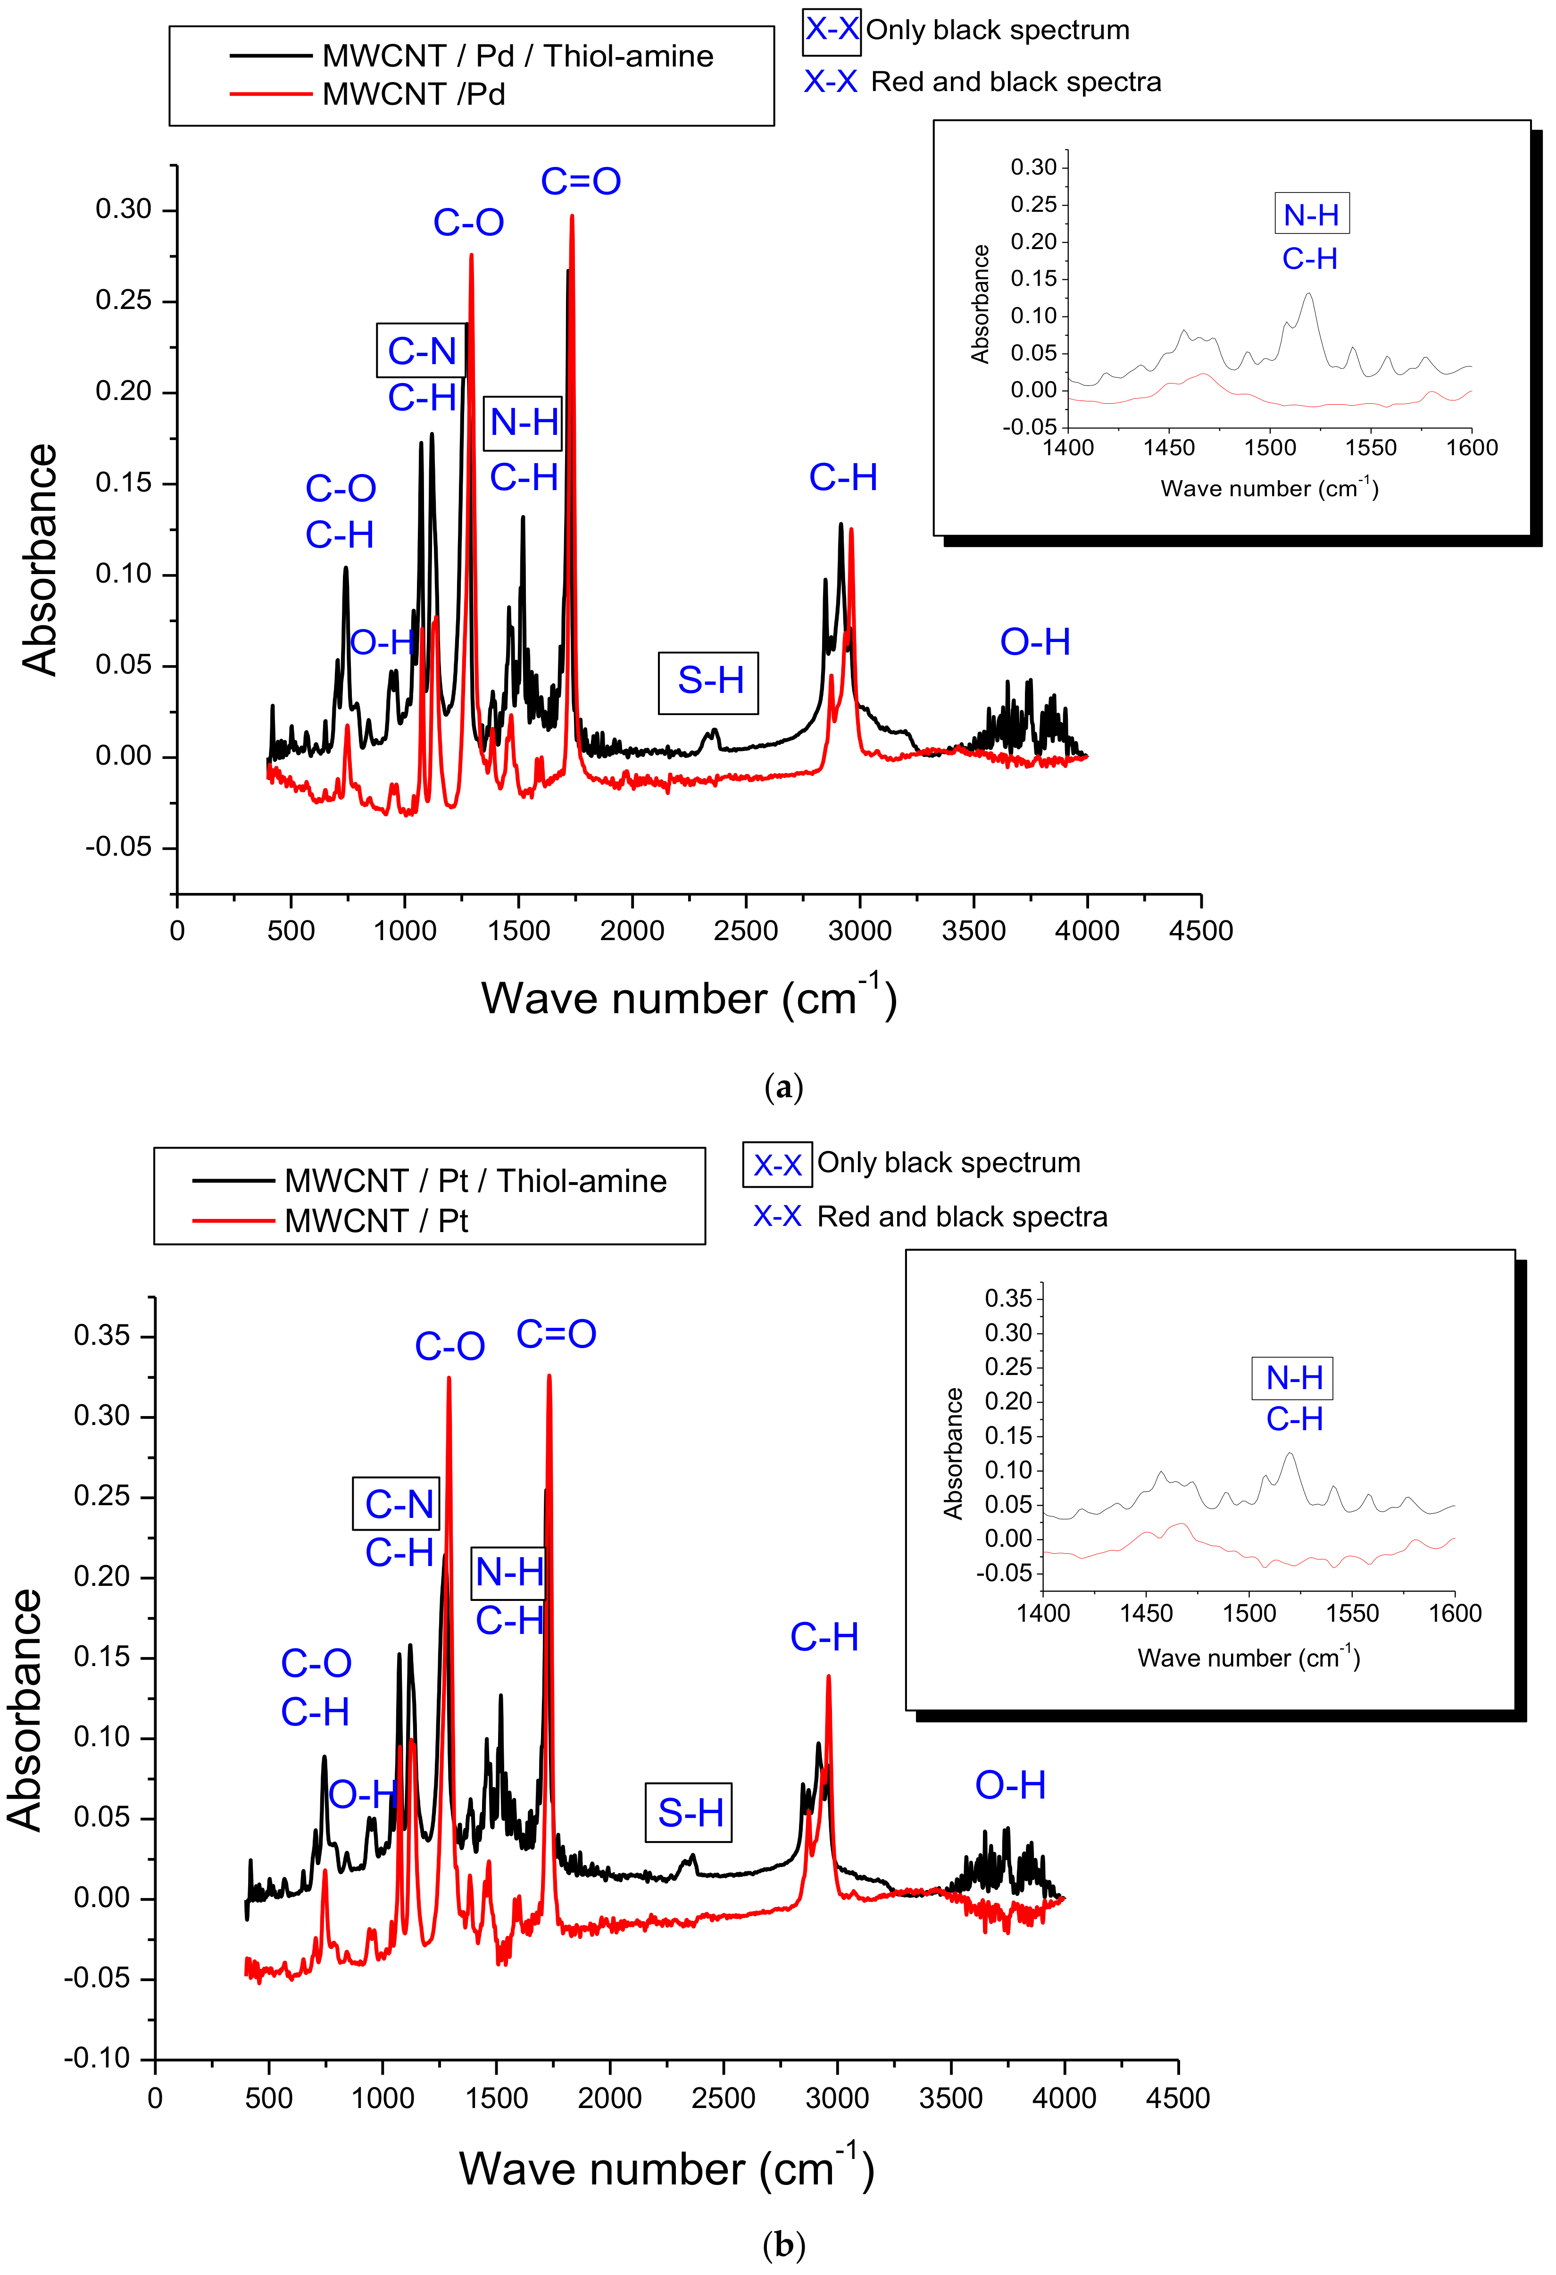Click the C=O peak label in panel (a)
click(x=580, y=181)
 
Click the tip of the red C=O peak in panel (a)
click(x=572, y=217)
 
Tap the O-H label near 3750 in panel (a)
click(x=1034, y=642)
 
